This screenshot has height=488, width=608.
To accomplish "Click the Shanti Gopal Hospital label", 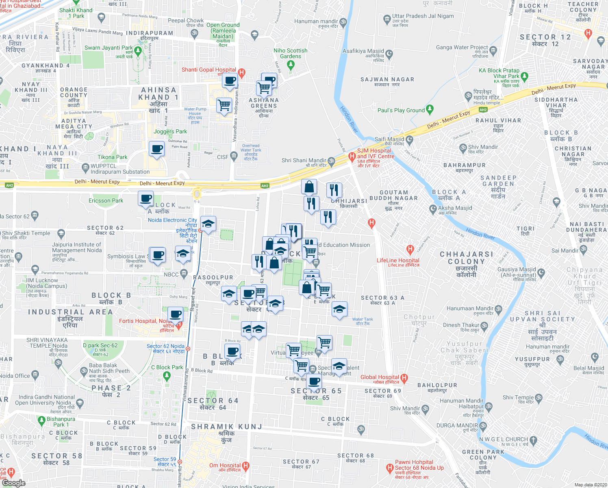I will tap(208, 70).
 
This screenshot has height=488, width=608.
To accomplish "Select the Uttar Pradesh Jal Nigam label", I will tap(423, 16).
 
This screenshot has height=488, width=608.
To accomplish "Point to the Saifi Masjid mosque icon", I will tap(410, 140).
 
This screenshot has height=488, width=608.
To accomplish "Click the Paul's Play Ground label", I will tap(401, 110).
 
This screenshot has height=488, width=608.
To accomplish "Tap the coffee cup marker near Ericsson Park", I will tap(145, 198).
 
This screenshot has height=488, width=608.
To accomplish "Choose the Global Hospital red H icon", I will tap(404, 378).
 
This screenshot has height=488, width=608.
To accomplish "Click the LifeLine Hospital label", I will tap(398, 260).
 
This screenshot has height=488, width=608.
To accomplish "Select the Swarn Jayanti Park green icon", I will tap(138, 51).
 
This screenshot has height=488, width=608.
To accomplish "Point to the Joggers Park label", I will tap(170, 131).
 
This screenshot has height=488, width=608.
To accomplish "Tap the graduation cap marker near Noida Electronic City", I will tap(208, 223).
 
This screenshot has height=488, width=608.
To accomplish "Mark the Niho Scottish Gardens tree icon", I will tap(291, 64).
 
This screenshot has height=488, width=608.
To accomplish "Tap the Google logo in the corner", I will tap(14, 483).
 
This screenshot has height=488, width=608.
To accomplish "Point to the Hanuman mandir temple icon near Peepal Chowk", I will tap(343, 21).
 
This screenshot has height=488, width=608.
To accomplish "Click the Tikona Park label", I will tap(113, 157).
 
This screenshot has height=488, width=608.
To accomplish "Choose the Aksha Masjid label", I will tap(455, 208).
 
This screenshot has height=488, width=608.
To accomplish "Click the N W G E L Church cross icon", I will tap(533, 440).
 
